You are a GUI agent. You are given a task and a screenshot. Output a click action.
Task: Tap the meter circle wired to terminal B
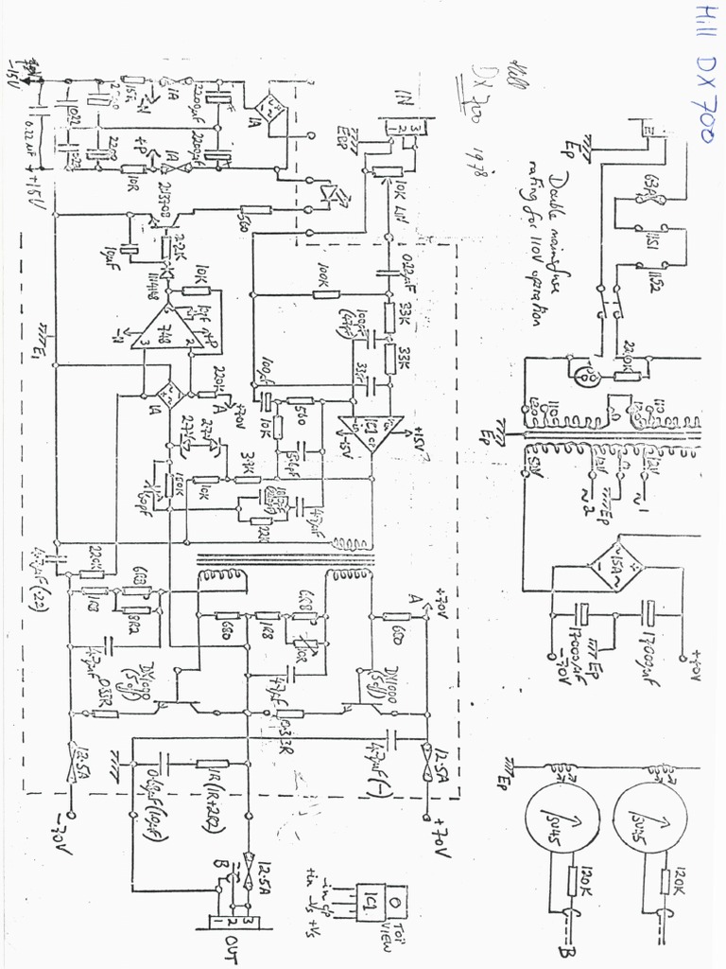click(x=562, y=817)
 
